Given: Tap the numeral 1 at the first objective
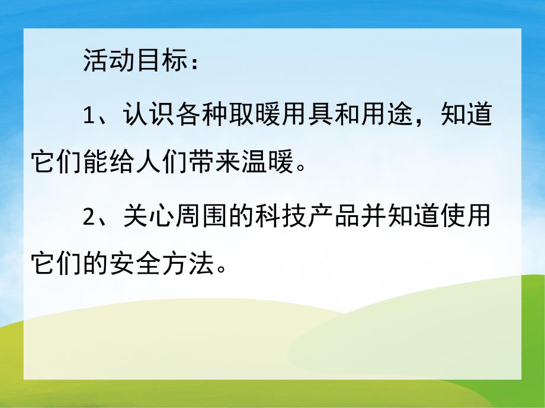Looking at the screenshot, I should click(88, 115).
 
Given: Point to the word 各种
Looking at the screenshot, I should click(202, 115).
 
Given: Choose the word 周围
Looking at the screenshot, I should click(202, 218).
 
